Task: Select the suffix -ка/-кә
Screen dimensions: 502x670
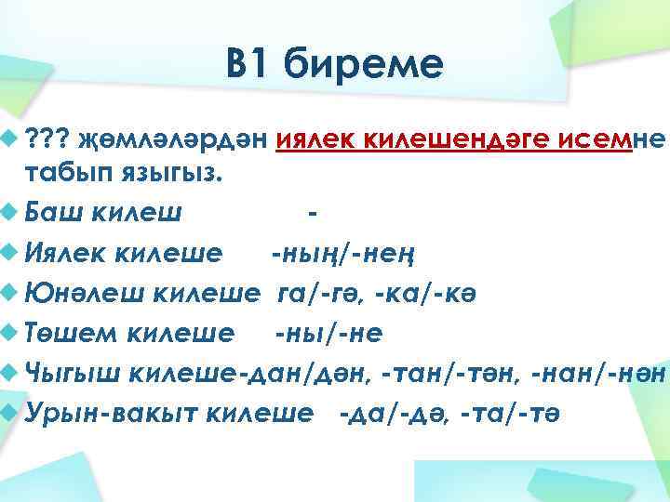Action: [414, 293]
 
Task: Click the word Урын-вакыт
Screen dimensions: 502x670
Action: [112, 413]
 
